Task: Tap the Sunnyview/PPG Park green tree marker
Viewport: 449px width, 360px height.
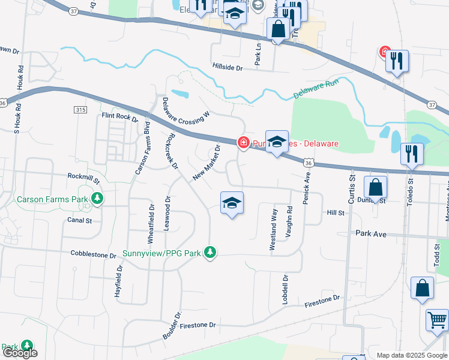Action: pyautogui.click(x=209, y=253)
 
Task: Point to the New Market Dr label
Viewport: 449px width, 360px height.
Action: pyautogui.click(x=207, y=162)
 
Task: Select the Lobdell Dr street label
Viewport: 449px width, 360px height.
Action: pyautogui.click(x=285, y=289)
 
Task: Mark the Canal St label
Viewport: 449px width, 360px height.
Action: pyautogui.click(x=80, y=220)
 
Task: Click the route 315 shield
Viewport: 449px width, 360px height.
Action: pyautogui.click(x=81, y=110)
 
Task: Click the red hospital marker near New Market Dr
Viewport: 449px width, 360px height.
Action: pyautogui.click(x=244, y=143)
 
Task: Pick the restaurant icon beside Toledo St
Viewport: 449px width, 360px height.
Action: pyautogui.click(x=412, y=153)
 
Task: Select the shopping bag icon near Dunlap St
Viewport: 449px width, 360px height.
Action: pyautogui.click(x=375, y=187)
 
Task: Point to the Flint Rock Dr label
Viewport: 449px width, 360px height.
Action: pyautogui.click(x=120, y=116)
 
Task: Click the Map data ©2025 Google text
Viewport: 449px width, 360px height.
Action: pyautogui.click(x=411, y=355)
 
